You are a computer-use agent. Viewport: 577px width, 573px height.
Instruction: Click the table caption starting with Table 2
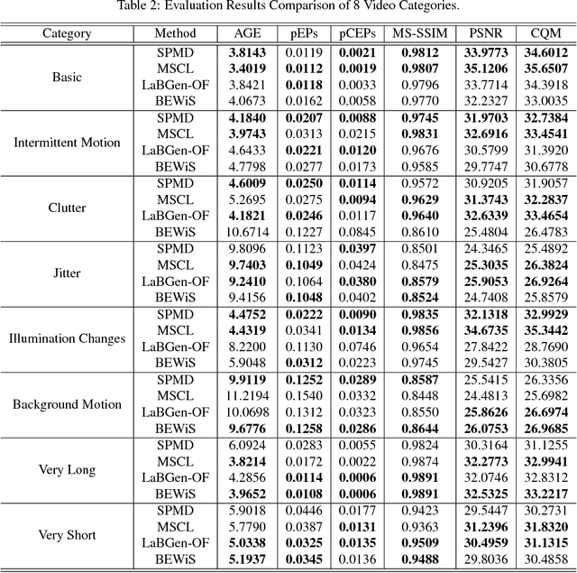point(288,8)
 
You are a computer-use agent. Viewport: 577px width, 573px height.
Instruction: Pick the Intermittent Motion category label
point(67,142)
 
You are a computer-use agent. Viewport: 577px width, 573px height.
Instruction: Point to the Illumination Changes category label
point(67,338)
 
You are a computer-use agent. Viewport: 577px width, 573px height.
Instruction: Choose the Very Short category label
point(67,535)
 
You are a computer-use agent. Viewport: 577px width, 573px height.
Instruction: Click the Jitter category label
point(67,273)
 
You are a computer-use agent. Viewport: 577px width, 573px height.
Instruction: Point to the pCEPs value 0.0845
point(357,232)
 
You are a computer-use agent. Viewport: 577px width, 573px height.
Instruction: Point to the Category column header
point(67,33)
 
